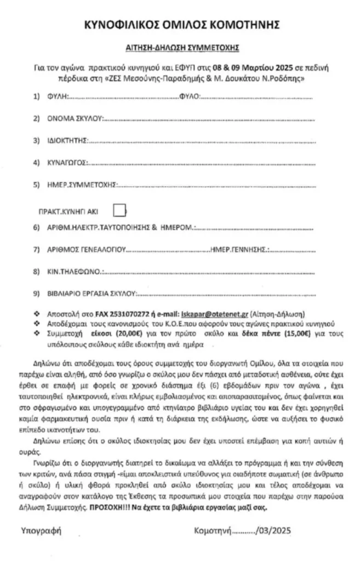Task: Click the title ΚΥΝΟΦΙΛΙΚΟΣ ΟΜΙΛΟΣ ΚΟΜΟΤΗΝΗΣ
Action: [180, 25]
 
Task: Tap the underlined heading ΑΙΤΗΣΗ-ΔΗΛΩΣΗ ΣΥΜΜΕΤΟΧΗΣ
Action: [180, 48]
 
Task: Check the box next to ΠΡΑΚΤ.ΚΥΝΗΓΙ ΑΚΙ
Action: [119, 209]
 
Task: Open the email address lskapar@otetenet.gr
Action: [214, 315]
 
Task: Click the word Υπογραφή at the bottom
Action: [42, 530]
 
